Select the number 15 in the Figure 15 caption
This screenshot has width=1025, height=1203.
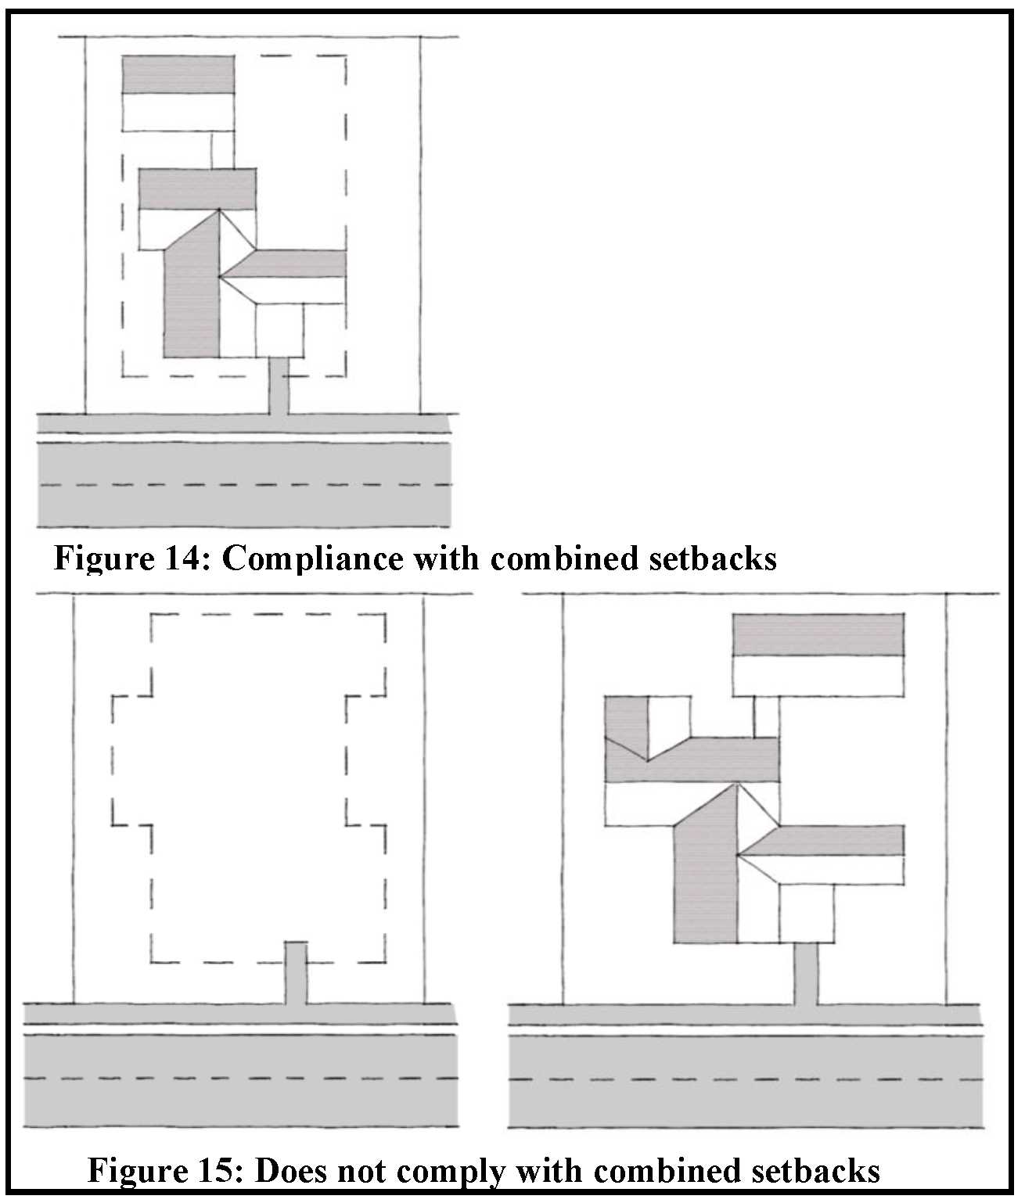pyautogui.click(x=221, y=1171)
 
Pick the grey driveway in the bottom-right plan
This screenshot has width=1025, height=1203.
pyautogui.click(x=806, y=974)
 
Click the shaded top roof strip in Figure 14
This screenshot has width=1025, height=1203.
pyautogui.click(x=178, y=75)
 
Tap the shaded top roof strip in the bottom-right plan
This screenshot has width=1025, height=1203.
pyautogui.click(x=818, y=635)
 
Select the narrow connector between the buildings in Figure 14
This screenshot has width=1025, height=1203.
pyautogui.click(x=222, y=149)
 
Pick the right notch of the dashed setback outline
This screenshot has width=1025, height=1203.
pyautogui.click(x=366, y=759)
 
